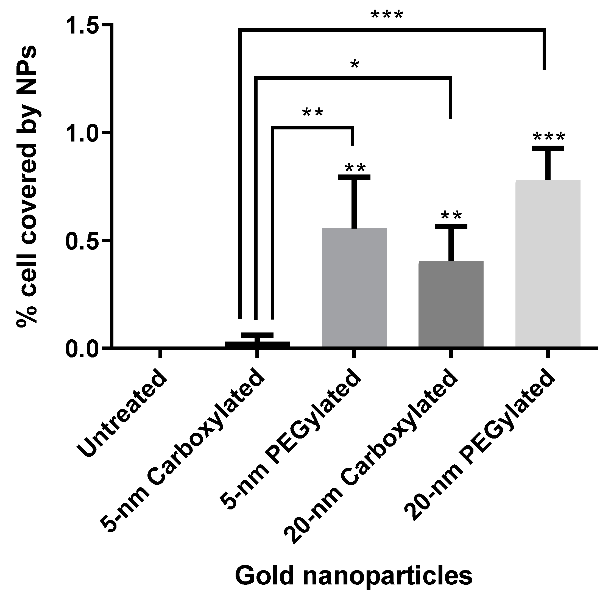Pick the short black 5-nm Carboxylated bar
click(x=257, y=344)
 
